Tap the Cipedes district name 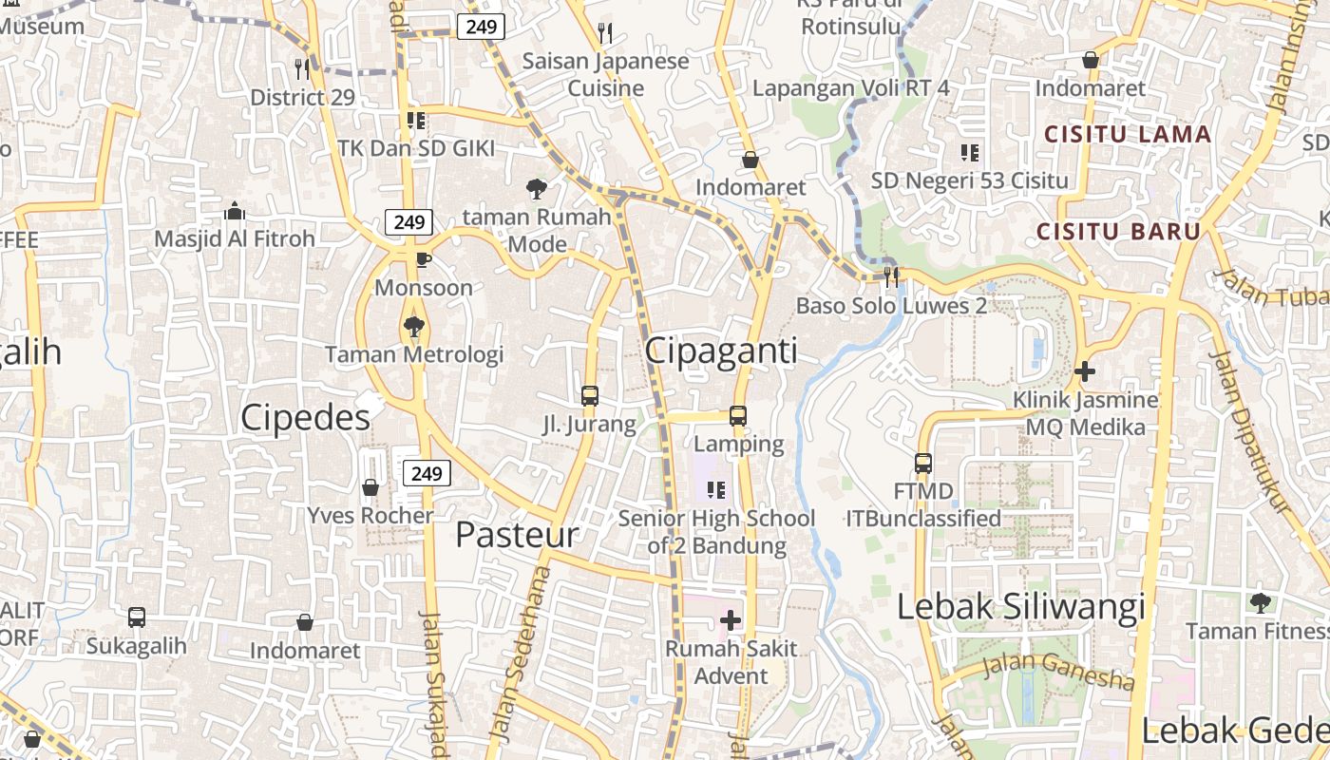(x=305, y=417)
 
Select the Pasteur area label (x=517, y=534)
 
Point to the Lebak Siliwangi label (x=1021, y=606)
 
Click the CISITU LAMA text (x=1128, y=134)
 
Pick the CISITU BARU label (x=1118, y=231)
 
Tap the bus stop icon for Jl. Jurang (x=590, y=395)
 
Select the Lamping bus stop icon (x=738, y=415)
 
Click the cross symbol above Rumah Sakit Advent (x=731, y=620)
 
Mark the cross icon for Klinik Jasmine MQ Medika (x=1085, y=370)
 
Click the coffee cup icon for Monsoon (x=424, y=259)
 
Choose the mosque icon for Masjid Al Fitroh (x=235, y=211)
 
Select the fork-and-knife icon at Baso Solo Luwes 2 (x=891, y=276)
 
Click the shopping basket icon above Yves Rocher (x=370, y=487)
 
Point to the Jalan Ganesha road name (x=1057, y=671)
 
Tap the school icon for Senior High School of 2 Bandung (x=716, y=490)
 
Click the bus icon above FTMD (x=923, y=464)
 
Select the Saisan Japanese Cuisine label (x=606, y=75)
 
